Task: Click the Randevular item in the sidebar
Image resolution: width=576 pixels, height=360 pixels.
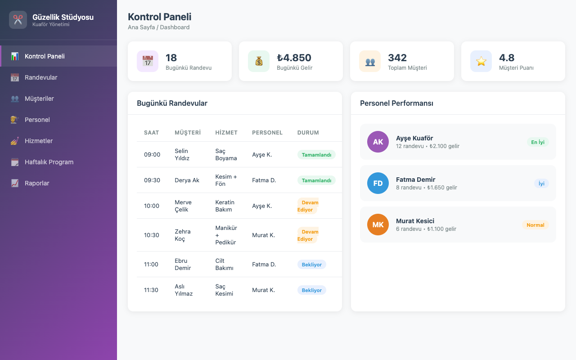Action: (41, 77)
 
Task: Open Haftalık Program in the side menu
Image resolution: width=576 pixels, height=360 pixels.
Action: (49, 162)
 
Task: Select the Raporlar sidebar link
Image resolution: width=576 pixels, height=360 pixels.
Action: (37, 183)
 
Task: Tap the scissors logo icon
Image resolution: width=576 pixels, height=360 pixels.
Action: (18, 20)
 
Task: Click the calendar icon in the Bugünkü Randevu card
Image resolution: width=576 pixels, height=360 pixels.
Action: (148, 61)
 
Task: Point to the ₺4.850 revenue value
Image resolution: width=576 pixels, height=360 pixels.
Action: (294, 58)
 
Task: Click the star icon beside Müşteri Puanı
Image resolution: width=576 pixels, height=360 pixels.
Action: (481, 61)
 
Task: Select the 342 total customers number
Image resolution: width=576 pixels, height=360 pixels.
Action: (397, 58)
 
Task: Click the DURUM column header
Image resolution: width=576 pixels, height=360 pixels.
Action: (308, 133)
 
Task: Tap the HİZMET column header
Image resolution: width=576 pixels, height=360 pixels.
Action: (226, 133)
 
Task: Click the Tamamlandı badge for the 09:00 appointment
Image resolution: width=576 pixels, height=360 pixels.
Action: (316, 155)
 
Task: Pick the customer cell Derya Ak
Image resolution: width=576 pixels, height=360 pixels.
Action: (187, 180)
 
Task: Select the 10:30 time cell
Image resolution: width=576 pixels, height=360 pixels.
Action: (152, 235)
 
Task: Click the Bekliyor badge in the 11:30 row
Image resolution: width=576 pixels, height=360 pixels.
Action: (312, 290)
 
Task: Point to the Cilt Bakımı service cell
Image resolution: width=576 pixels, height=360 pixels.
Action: (224, 264)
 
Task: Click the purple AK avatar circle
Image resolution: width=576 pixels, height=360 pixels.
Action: (378, 142)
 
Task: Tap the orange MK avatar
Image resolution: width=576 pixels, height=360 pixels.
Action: (378, 225)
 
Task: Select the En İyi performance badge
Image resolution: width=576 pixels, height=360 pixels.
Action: (538, 142)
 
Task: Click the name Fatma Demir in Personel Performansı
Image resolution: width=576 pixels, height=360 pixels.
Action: (415, 180)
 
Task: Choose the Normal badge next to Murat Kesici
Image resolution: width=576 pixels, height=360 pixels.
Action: (535, 225)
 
